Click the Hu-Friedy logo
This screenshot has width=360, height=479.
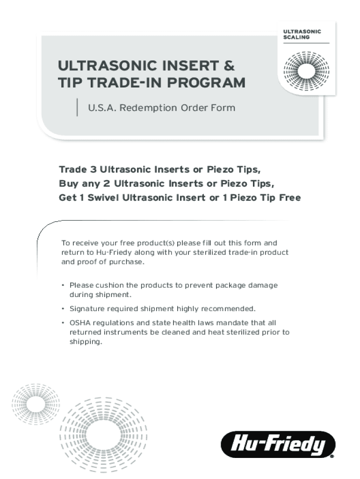278,444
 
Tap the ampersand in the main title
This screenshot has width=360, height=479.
229,65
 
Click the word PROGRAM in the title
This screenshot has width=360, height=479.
206,82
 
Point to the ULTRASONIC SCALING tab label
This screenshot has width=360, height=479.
302,35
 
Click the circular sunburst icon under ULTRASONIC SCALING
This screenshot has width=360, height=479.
307,71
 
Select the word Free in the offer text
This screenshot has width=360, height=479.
290,197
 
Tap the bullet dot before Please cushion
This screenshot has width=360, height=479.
63,285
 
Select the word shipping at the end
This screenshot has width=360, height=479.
86,342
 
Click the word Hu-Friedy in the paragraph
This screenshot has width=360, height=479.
114,252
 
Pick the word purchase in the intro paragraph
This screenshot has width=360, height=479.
127,262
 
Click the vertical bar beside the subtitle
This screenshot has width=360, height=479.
77,107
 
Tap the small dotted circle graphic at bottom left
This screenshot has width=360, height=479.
36,404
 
